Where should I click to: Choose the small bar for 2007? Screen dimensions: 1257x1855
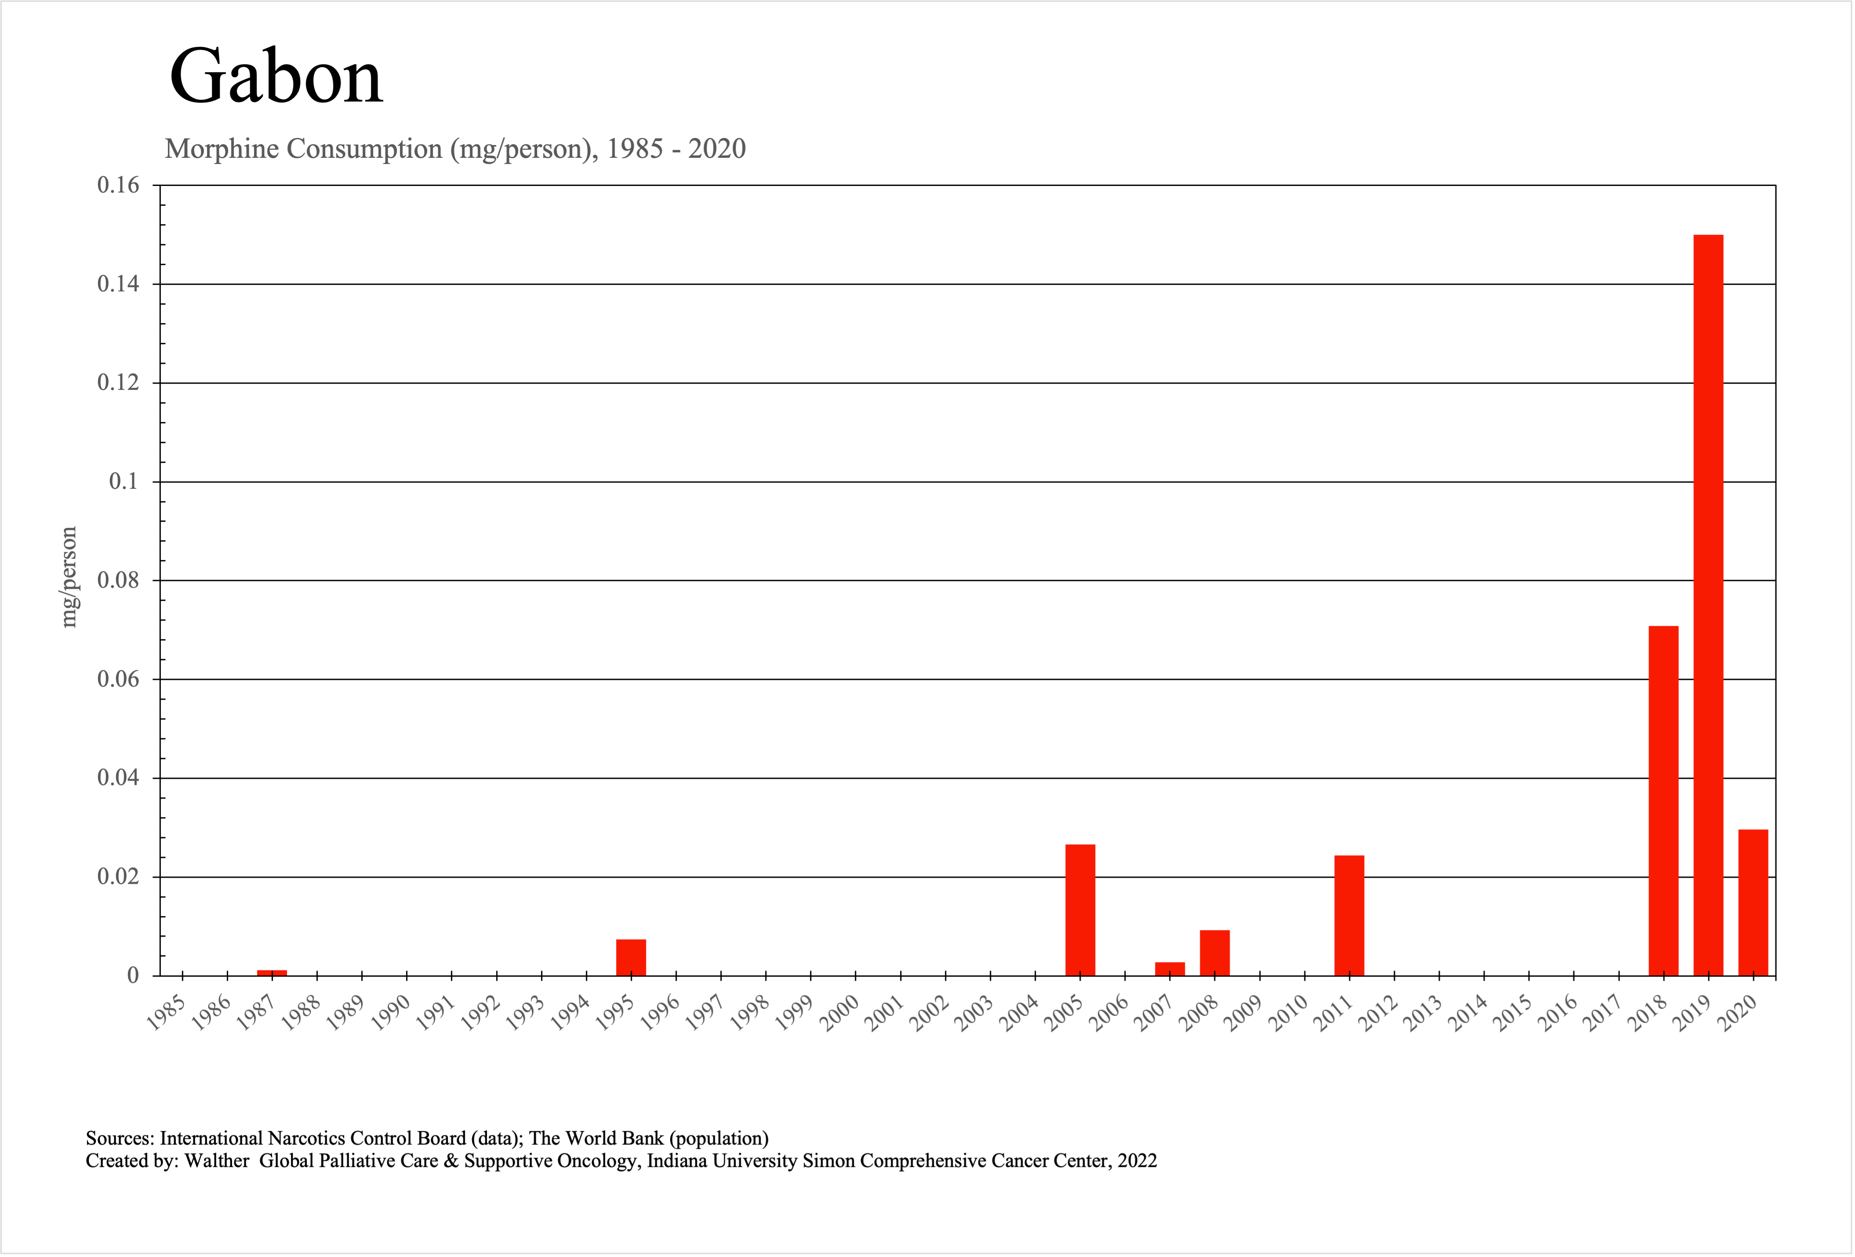(1169, 968)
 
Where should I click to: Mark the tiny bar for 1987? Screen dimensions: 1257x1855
(272, 972)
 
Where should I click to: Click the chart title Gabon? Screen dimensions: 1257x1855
(276, 77)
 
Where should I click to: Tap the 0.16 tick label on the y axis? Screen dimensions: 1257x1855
(118, 185)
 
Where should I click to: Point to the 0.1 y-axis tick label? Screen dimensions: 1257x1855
(124, 481)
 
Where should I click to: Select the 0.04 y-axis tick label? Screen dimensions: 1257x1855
(118, 777)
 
